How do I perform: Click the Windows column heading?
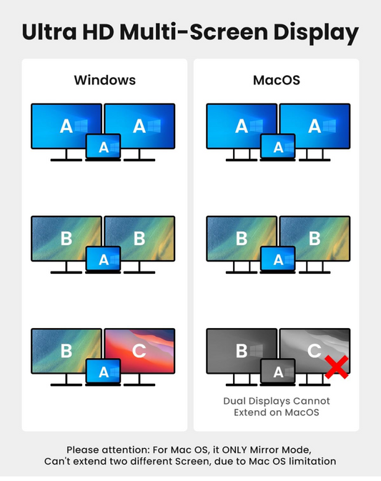point(104,80)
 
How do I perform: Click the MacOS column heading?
point(277,80)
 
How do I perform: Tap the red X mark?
point(337,367)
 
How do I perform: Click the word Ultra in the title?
point(49,32)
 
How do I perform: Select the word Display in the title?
point(316,33)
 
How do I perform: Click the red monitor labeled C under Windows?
point(139,351)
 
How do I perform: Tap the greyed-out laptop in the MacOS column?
point(278,372)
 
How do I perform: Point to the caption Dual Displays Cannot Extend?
point(277,407)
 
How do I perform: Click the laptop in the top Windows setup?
point(103,147)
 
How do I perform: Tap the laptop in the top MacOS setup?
point(278,147)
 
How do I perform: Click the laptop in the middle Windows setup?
point(103,259)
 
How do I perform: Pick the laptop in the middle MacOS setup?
point(278,259)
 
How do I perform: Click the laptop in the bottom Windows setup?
point(103,372)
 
